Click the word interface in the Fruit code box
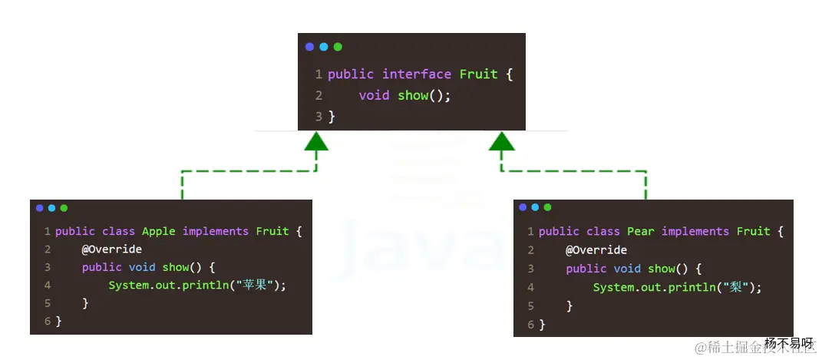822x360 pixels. pos(417,74)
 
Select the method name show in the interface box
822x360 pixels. pos(413,96)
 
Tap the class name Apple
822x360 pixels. pos(158,231)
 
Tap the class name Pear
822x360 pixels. pos(640,231)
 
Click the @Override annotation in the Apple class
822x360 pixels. pos(112,249)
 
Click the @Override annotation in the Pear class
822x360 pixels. pos(596,250)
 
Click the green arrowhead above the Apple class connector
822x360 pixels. pos(315,141)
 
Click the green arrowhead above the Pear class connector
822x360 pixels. pos(502,141)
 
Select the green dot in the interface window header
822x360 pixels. pos(338,47)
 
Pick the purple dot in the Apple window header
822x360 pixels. pos(39,208)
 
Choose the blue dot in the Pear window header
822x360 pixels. pos(536,207)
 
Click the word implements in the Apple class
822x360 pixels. pos(215,231)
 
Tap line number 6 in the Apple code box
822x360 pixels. pos(48,321)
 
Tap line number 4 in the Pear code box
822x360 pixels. pos(531,287)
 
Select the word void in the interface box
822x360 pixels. pos(374,96)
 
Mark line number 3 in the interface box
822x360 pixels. pos(318,117)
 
